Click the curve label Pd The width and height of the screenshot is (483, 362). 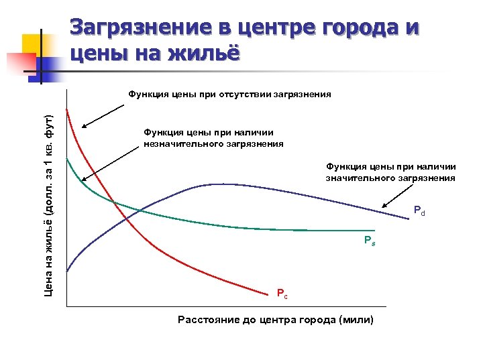[419, 213]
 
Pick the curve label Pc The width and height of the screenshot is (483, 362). [282, 293]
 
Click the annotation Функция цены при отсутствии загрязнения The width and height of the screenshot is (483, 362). [229, 95]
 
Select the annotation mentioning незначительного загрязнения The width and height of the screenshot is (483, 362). [213, 138]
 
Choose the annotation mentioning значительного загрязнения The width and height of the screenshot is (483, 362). [390, 172]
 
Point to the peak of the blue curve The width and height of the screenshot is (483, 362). [218, 184]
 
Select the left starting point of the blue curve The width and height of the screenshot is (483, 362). [67, 271]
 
